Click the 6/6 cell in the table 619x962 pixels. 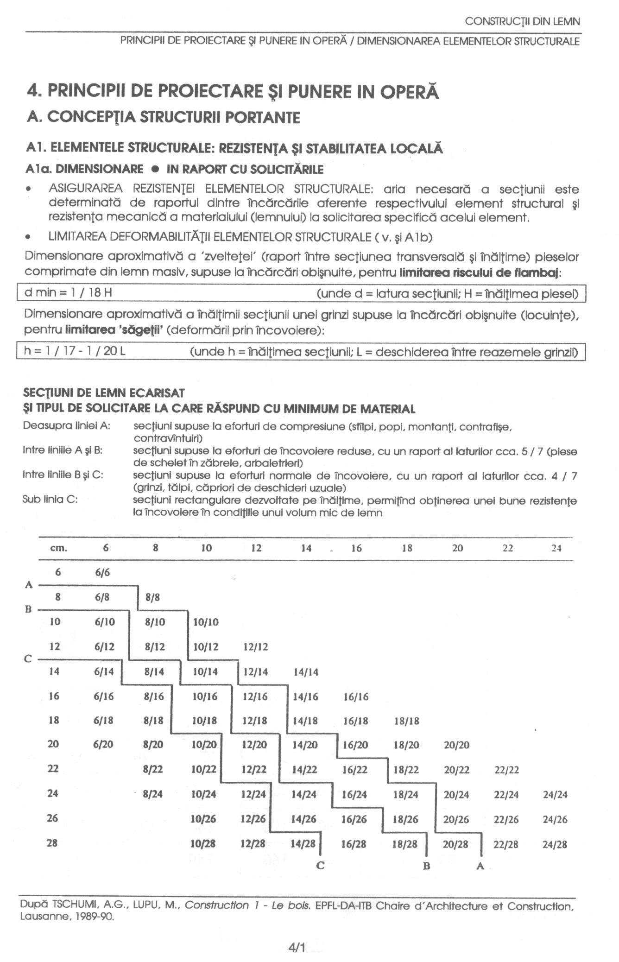(102, 572)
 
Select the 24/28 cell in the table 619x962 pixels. (555, 844)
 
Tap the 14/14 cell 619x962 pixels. (306, 672)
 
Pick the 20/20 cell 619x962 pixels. (456, 745)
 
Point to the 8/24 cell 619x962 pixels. (152, 794)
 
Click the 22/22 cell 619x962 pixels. (506, 770)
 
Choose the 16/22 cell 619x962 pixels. (354, 770)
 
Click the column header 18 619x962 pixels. (407, 548)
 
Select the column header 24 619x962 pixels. (556, 548)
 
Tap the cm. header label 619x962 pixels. (58, 548)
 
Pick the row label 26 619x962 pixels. (52, 818)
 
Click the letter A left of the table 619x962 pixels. (29, 585)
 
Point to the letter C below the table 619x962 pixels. (320, 865)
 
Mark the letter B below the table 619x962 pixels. (427, 865)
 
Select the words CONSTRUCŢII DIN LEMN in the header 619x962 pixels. (522, 21)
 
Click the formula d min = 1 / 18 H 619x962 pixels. (68, 293)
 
